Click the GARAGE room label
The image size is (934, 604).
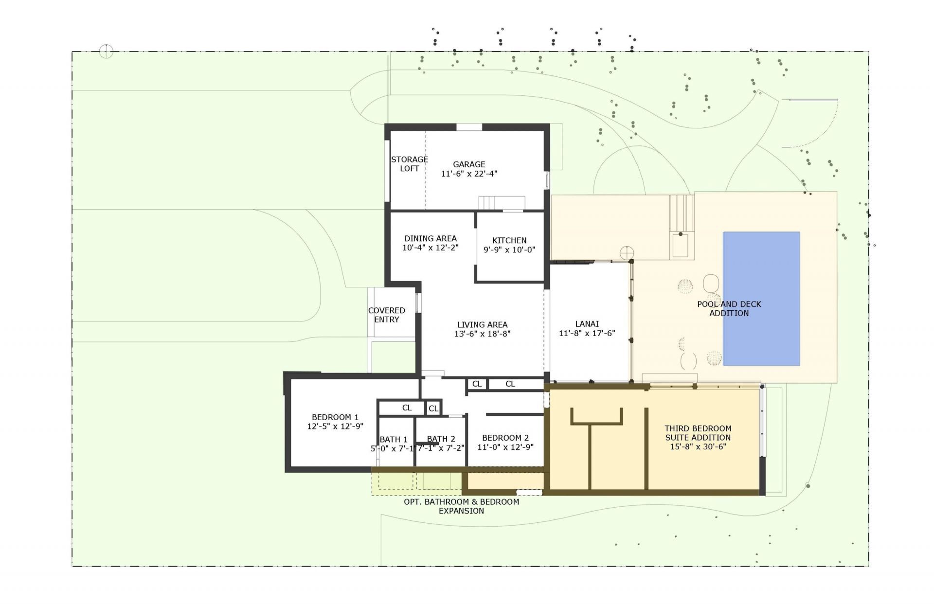[469, 164]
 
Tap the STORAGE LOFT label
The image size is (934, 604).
[409, 164]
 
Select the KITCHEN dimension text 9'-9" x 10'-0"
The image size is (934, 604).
[509, 249]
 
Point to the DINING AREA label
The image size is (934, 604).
[431, 238]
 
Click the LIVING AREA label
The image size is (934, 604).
[482, 324]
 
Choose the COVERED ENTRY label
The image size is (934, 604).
[387, 315]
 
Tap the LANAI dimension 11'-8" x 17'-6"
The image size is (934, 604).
[587, 333]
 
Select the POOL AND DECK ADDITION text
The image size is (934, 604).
[729, 308]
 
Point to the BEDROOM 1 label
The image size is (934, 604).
[335, 417]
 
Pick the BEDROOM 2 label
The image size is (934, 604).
[505, 438]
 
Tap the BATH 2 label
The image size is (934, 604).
[441, 439]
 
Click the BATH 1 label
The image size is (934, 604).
[394, 439]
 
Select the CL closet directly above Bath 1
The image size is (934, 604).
[407, 408]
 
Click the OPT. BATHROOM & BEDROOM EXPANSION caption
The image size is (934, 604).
[461, 506]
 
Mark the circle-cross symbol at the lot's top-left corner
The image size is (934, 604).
[106, 51]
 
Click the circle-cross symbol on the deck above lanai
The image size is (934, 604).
[627, 253]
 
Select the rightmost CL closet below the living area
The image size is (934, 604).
[510, 384]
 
